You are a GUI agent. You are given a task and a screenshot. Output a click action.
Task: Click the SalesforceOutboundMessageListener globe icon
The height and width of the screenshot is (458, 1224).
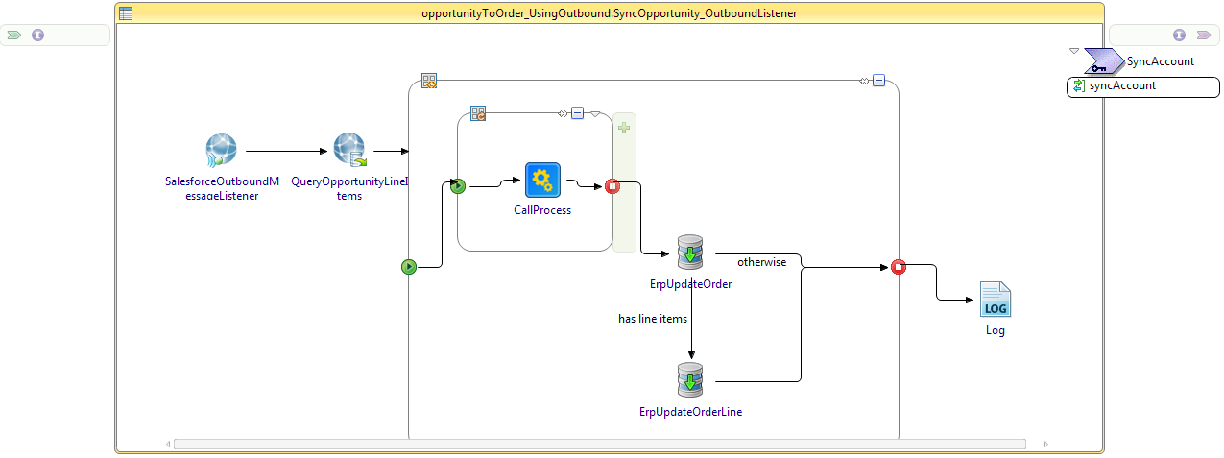click(221, 151)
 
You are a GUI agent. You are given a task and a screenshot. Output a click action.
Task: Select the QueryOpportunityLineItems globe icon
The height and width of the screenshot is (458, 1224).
click(349, 150)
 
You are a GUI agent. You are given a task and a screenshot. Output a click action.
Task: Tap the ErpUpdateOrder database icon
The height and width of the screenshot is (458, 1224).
click(690, 253)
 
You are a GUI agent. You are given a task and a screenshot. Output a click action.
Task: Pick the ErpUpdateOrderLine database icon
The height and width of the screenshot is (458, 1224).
click(690, 381)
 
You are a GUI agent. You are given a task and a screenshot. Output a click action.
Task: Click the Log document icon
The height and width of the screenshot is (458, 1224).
click(996, 301)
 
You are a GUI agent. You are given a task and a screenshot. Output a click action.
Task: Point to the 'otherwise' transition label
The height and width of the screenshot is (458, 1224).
click(761, 262)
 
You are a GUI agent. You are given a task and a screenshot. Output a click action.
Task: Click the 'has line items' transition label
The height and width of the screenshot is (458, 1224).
click(653, 318)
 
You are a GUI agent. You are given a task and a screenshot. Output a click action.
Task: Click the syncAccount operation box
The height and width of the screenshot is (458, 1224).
click(1143, 86)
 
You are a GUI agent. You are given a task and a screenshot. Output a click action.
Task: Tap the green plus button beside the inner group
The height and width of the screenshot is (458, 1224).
click(624, 128)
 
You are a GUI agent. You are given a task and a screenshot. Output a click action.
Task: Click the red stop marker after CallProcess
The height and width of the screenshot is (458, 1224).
click(612, 186)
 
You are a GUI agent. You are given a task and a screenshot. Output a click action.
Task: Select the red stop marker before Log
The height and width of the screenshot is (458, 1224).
click(899, 266)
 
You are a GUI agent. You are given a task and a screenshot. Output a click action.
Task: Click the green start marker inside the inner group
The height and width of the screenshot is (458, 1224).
click(458, 186)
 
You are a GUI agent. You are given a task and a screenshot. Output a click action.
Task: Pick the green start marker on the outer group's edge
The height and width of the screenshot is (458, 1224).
click(409, 266)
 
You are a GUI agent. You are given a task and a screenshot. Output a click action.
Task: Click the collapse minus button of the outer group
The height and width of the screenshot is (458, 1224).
click(878, 81)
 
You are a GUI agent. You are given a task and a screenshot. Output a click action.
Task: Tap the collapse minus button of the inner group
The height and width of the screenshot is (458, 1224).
click(577, 113)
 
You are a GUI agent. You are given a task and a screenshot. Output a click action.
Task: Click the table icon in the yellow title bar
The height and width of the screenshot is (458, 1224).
click(126, 13)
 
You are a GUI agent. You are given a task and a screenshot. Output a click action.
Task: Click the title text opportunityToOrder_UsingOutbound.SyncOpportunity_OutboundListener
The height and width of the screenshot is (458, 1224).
click(609, 13)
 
